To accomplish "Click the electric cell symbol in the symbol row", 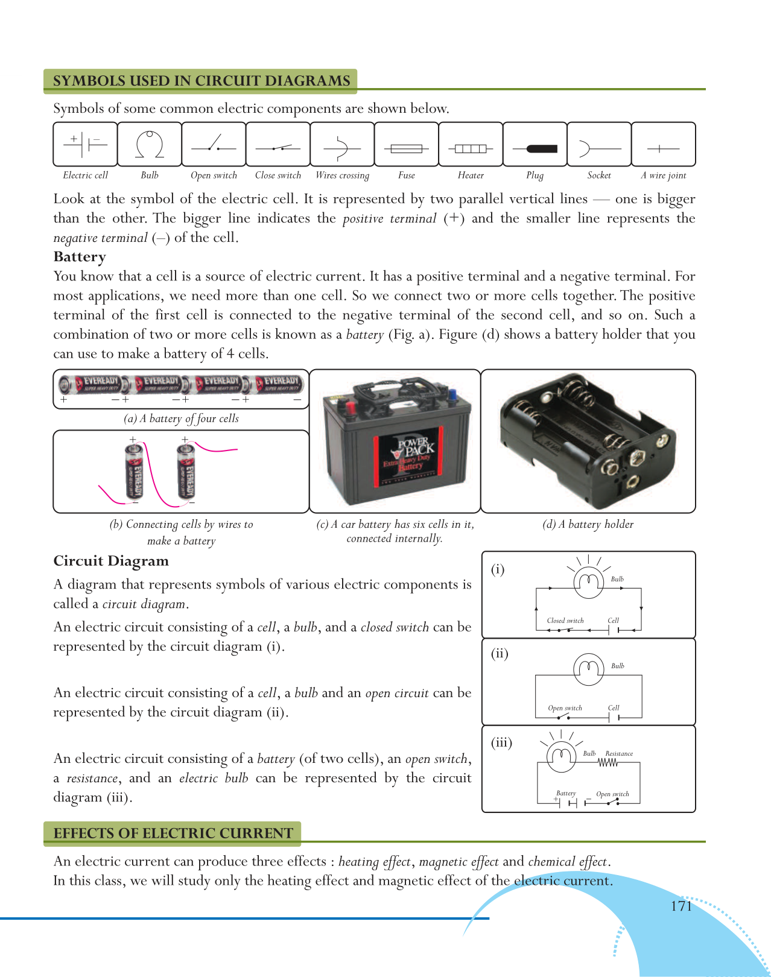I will click(85, 144).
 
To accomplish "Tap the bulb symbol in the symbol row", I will click(150, 145).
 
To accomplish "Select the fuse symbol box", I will click(407, 145).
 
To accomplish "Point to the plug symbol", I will click(535, 148).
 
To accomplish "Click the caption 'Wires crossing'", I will click(342, 175).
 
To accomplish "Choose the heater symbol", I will click(471, 148).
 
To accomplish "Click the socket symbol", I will click(599, 148).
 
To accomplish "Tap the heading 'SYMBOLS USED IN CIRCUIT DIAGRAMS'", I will click(201, 81).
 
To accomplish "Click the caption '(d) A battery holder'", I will click(588, 524).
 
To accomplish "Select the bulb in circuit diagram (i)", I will click(588, 582).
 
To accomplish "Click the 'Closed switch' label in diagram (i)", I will click(565, 621).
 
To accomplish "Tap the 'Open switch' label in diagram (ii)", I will click(565, 708).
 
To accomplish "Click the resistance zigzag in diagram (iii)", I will click(608, 762).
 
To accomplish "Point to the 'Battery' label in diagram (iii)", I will click(566, 793).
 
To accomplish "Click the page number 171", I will click(681, 906).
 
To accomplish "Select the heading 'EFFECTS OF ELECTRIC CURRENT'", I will click(173, 833).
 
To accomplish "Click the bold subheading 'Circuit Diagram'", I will click(111, 561).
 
